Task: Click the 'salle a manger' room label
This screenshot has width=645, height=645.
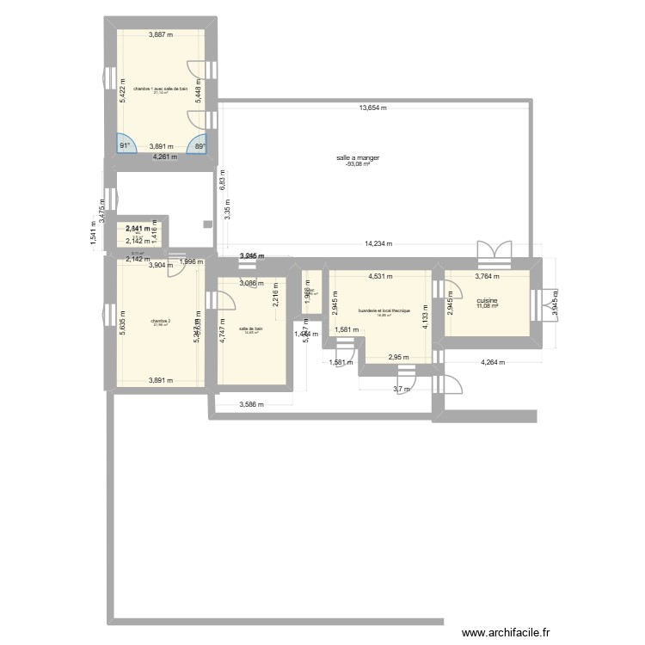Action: pos(358,158)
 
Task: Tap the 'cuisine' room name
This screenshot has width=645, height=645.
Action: pos(487,301)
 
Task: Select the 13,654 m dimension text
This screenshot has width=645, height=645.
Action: pos(372,108)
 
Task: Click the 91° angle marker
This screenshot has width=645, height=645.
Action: pos(126,146)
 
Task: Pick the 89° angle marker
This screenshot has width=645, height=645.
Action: pos(200,146)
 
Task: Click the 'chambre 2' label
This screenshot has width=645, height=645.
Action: pos(161,321)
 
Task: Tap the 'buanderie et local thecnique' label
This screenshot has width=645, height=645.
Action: pos(384,310)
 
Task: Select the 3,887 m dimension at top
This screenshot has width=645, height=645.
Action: pos(161,35)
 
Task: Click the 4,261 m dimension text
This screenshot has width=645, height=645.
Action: pos(165,157)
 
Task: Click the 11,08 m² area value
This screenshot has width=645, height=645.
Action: pos(487,308)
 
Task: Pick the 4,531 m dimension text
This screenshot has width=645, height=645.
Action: pos(380,277)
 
